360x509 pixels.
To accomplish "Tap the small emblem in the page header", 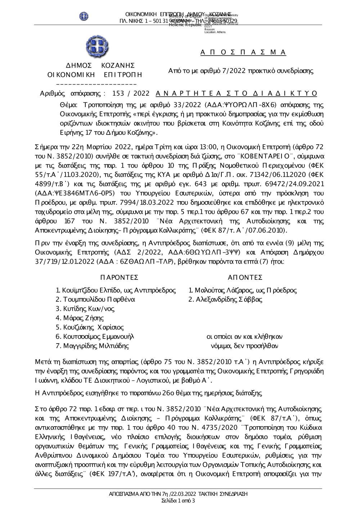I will click(x=84, y=16).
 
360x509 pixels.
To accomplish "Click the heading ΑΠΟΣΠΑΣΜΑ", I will click(x=243, y=53).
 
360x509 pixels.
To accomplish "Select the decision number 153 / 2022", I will click(x=131, y=94).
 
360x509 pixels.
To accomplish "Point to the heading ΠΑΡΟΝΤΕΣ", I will click(x=120, y=277).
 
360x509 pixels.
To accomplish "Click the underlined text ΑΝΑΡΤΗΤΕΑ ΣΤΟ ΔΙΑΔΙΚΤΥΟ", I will click(x=237, y=94).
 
